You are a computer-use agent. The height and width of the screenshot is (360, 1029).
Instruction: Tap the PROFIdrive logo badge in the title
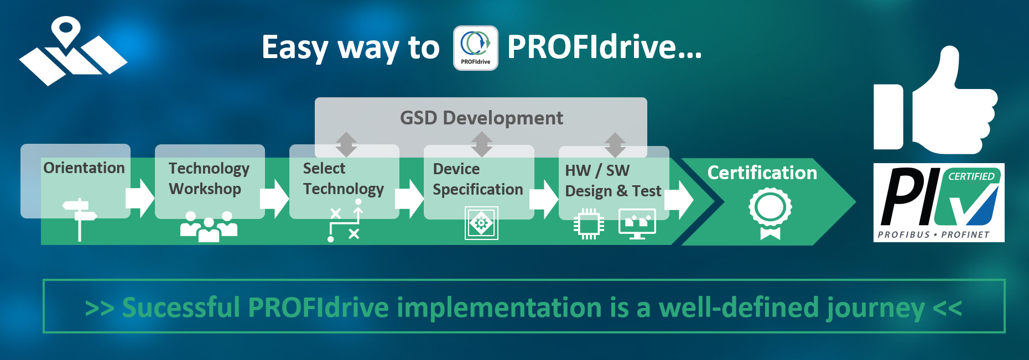476,48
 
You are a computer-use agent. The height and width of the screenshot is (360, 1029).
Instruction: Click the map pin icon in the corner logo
66,31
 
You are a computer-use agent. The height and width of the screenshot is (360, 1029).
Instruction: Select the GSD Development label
481,118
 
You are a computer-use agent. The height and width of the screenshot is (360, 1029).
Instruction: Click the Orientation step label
84,168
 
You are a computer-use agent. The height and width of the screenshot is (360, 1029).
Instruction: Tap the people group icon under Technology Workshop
209,226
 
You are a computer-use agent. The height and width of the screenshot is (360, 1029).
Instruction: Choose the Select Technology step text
343,179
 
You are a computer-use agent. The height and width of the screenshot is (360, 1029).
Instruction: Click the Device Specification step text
477,179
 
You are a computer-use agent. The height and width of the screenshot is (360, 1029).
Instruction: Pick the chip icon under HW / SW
589,224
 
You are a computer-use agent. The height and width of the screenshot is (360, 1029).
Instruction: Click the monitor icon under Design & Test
637,224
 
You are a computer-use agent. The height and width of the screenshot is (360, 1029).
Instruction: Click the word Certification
762,173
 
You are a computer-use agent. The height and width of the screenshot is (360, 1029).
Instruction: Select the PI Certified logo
939,202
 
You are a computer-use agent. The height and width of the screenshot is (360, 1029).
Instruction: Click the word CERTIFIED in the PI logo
971,176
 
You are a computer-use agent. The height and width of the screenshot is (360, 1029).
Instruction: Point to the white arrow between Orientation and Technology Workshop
140,198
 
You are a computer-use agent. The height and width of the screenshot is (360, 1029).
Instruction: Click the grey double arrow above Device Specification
481,144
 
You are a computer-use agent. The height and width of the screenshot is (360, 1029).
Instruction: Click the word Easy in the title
295,48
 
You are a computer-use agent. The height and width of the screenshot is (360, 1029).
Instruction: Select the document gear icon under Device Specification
481,223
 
